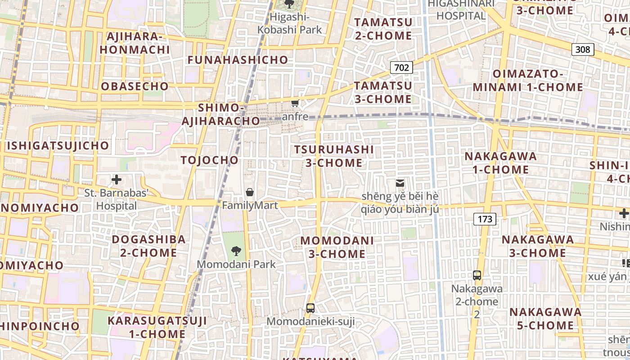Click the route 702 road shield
pyautogui.click(x=401, y=67)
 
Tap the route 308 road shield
pyautogui.click(x=582, y=49)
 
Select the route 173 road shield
pyautogui.click(x=485, y=219)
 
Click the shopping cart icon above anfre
pyautogui.click(x=295, y=103)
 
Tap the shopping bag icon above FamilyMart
pyautogui.click(x=250, y=193)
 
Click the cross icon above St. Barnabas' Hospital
pyautogui.click(x=117, y=180)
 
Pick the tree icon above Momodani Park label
pyautogui.click(x=236, y=251)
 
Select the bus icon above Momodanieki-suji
pyautogui.click(x=310, y=308)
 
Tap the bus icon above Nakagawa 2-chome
pyautogui.click(x=477, y=275)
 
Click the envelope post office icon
pyautogui.click(x=400, y=183)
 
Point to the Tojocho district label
pyautogui.click(x=209, y=160)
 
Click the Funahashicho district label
pyautogui.click(x=238, y=60)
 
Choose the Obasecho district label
pyautogui.click(x=135, y=86)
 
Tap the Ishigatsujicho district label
pyautogui.click(x=58, y=146)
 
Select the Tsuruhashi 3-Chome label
pyautogui.click(x=334, y=156)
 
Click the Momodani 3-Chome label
pyautogui.click(x=337, y=247)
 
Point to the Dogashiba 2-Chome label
pyautogui.click(x=148, y=246)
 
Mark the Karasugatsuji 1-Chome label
pyautogui.click(x=157, y=327)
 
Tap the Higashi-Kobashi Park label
pyautogui.click(x=289, y=23)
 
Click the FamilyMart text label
pyautogui.click(x=250, y=205)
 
